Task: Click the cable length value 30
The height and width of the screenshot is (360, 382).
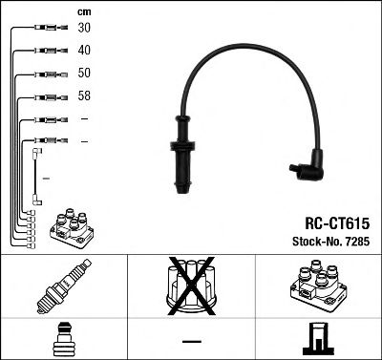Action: [x=85, y=29]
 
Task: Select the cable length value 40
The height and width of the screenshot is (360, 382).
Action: [x=85, y=51]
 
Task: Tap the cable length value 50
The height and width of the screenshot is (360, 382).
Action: [x=85, y=74]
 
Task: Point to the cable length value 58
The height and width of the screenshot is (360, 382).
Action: [x=85, y=96]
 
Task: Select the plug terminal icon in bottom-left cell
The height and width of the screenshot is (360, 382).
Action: [x=63, y=338]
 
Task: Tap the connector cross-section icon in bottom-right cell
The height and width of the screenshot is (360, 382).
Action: [x=317, y=339]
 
